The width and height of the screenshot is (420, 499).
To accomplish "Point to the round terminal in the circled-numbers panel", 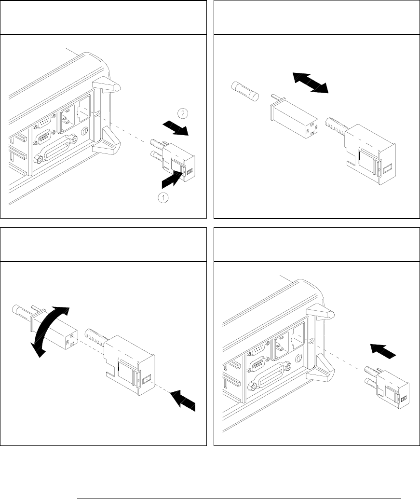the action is (x=85, y=130).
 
